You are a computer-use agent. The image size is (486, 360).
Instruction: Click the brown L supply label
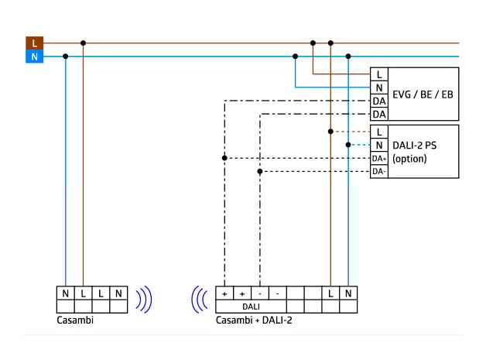coord(34,43)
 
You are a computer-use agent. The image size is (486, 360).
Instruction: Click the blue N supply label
coord(34,57)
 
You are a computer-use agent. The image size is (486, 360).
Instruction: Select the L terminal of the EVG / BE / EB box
coord(379,74)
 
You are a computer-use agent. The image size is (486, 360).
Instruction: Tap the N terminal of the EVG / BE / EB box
coord(379,87)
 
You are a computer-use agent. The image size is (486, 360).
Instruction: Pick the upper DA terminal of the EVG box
coord(379,101)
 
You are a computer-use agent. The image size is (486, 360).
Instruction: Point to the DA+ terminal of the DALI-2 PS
coord(379,158)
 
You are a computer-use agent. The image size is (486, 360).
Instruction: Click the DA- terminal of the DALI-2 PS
coord(379,171)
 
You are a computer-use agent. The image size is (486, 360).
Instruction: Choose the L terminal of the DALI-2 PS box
coord(379,132)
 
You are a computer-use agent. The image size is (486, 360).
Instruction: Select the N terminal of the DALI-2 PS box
coord(379,145)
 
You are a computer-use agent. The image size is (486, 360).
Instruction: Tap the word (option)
coord(409,159)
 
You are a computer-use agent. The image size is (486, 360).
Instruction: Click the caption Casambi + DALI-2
coord(254,320)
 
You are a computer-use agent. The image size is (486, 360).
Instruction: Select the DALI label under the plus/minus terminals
coord(251,307)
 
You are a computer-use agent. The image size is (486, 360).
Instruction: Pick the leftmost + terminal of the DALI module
coord(224,294)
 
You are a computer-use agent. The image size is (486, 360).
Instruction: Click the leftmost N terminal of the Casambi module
coord(66,293)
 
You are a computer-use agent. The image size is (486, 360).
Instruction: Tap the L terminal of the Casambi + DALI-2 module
coord(330,294)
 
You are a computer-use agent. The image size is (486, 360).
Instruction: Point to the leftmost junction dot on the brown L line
coord(83,43)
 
